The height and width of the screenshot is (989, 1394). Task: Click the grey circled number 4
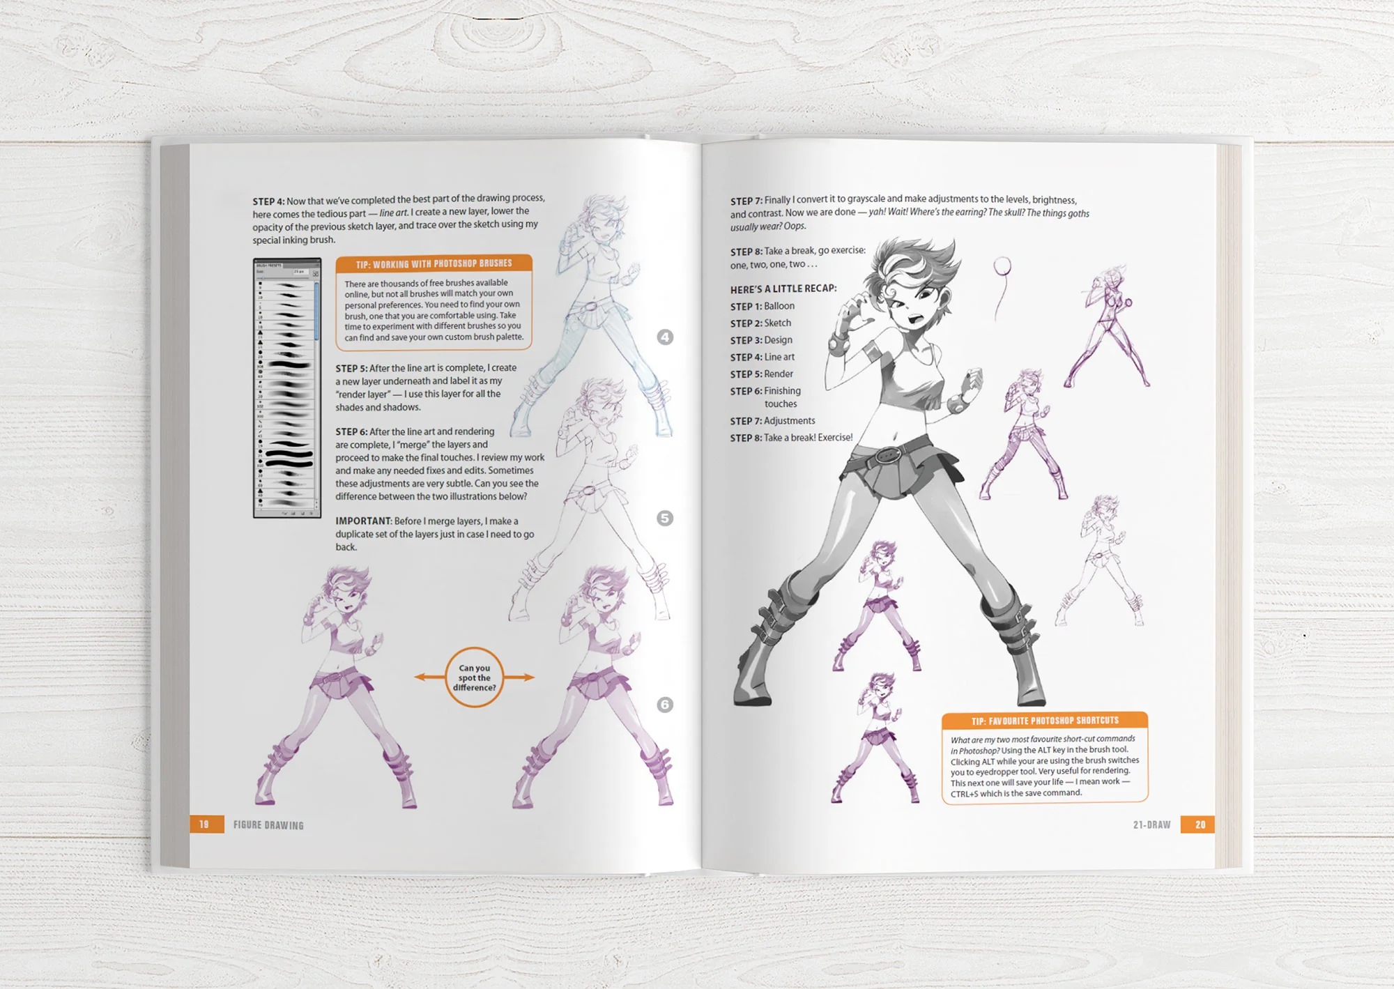665,337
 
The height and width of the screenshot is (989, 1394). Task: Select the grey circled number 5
665,519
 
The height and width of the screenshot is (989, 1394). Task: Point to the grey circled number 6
665,705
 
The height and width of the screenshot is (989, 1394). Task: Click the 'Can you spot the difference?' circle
474,677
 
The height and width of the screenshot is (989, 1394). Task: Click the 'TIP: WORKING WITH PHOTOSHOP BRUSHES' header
434,264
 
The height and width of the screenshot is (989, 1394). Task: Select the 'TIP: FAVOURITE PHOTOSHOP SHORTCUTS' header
1044,721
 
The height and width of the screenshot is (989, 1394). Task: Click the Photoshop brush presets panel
287,388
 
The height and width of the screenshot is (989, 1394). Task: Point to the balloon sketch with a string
1002,279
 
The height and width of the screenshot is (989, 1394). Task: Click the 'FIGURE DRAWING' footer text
268,825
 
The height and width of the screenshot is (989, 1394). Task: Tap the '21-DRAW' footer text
1151,825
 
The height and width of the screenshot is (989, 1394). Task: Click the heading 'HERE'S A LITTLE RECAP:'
783,289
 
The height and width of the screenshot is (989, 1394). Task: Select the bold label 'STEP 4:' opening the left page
268,201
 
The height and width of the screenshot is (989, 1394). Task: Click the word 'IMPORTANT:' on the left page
363,521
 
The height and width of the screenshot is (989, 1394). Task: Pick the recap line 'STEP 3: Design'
761,340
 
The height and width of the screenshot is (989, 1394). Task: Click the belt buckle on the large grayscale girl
887,456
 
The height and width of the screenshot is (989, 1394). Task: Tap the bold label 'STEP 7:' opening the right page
746,201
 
